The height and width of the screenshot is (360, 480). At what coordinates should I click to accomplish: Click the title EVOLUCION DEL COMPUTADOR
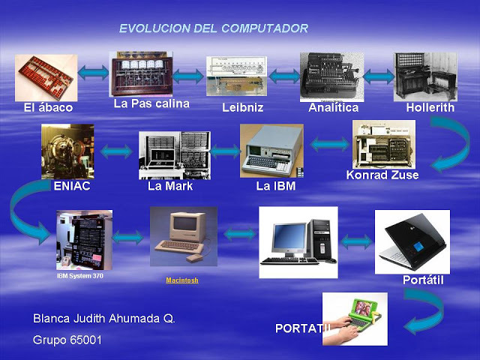tap(213, 28)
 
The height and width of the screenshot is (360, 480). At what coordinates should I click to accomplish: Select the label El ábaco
tap(48, 107)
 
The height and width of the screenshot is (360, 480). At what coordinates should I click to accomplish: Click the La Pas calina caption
tap(151, 103)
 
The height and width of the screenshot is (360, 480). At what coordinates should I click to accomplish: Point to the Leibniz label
tap(242, 107)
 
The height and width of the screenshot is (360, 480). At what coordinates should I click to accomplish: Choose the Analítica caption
tap(333, 107)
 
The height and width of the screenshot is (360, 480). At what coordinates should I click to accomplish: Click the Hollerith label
tap(430, 107)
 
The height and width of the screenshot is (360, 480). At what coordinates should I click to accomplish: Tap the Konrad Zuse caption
tap(382, 175)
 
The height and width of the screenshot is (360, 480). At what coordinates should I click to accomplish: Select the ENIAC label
tap(72, 186)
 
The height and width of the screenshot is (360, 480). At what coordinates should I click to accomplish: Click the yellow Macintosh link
tap(182, 280)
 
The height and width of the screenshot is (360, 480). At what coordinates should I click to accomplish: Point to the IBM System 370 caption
tap(80, 276)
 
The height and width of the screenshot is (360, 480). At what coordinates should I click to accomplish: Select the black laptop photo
tap(412, 241)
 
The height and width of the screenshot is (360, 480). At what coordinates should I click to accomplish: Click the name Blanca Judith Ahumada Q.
tap(104, 318)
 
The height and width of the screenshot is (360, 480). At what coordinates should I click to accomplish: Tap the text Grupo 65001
tap(67, 339)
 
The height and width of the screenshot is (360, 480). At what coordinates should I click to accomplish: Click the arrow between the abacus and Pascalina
tap(93, 73)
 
